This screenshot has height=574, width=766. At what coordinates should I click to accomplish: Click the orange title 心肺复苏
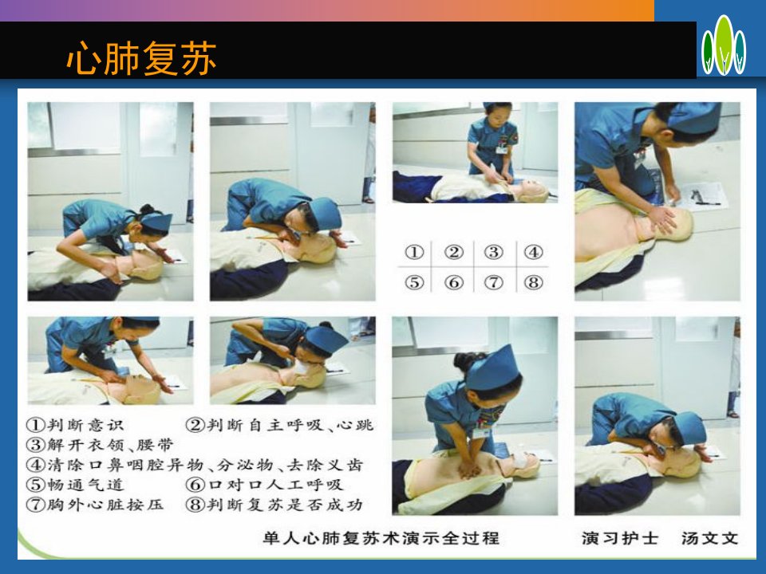point(141,58)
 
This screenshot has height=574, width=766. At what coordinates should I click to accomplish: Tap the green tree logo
point(724,45)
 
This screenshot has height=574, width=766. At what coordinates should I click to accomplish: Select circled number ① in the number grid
point(414,253)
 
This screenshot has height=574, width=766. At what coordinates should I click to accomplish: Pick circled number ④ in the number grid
point(534,253)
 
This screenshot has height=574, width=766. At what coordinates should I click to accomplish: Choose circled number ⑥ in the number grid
point(454,282)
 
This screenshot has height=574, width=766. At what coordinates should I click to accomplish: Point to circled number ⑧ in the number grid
point(534,282)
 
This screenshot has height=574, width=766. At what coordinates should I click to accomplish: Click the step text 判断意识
point(85,425)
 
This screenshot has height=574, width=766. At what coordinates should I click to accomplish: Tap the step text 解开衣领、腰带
point(110,445)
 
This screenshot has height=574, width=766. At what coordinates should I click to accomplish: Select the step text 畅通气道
point(85,485)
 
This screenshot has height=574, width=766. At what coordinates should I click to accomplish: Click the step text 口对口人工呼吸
point(276,485)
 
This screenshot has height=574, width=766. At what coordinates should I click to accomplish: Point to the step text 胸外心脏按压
point(105,504)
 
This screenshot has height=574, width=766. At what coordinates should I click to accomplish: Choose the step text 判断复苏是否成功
point(286,504)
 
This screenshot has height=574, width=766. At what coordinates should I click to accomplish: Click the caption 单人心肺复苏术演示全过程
point(381,538)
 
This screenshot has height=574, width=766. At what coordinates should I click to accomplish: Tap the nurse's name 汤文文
point(710,538)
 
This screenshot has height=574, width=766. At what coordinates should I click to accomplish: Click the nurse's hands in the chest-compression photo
point(470,467)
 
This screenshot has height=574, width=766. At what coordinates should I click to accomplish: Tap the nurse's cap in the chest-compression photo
point(492,368)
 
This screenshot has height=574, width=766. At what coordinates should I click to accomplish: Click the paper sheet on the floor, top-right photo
point(701,196)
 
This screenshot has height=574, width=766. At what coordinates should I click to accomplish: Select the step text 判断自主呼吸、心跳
point(290,425)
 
